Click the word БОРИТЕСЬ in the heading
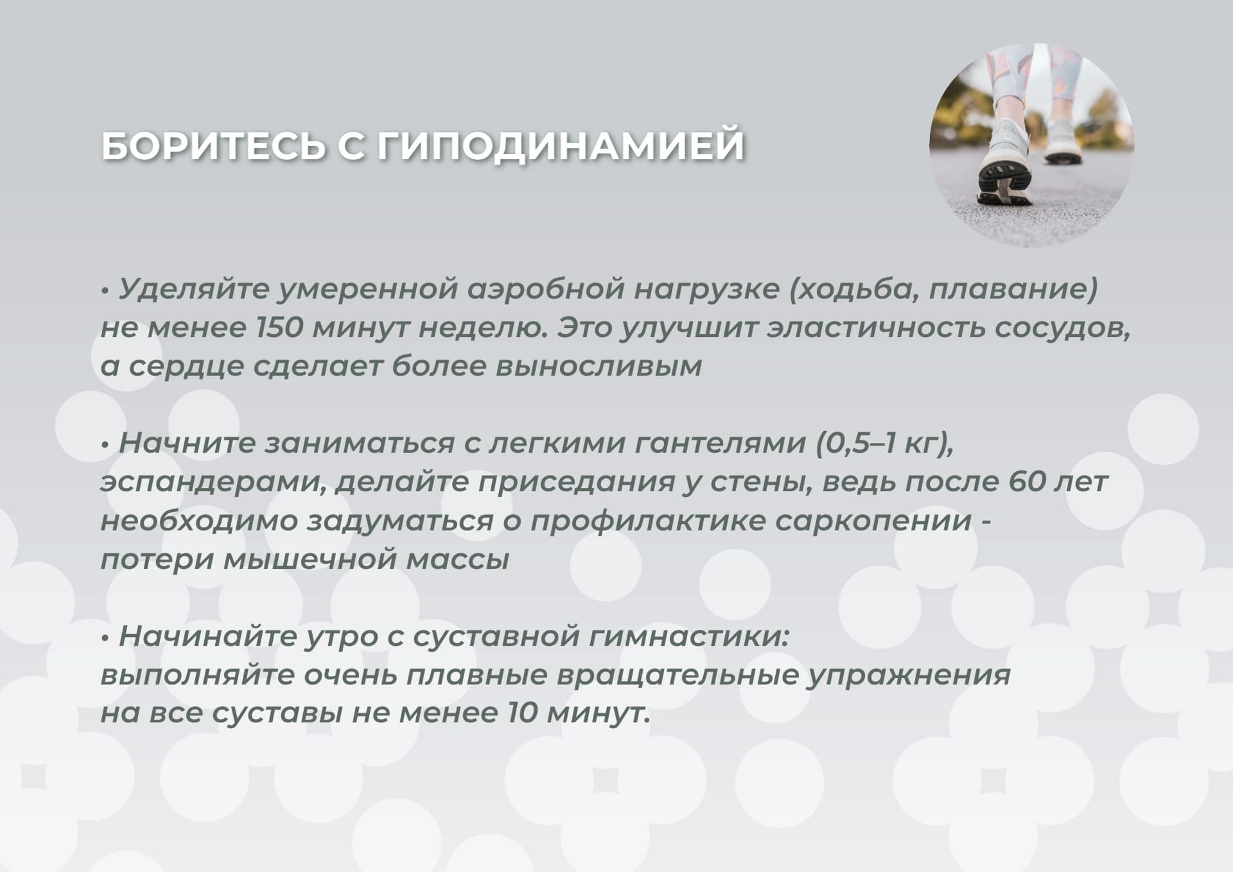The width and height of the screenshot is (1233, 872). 214,146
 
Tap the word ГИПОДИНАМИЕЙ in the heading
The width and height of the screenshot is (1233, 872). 561,146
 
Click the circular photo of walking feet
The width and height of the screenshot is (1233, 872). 1031,145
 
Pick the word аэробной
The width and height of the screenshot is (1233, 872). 545,290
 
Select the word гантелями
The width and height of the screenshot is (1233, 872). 720,443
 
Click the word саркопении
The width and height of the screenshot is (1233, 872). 873,521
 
